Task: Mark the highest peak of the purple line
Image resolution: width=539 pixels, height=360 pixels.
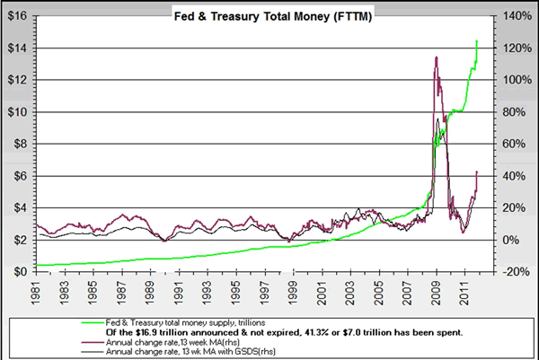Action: click(x=436, y=57)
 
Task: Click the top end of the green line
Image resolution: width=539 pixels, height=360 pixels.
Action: click(x=477, y=40)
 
